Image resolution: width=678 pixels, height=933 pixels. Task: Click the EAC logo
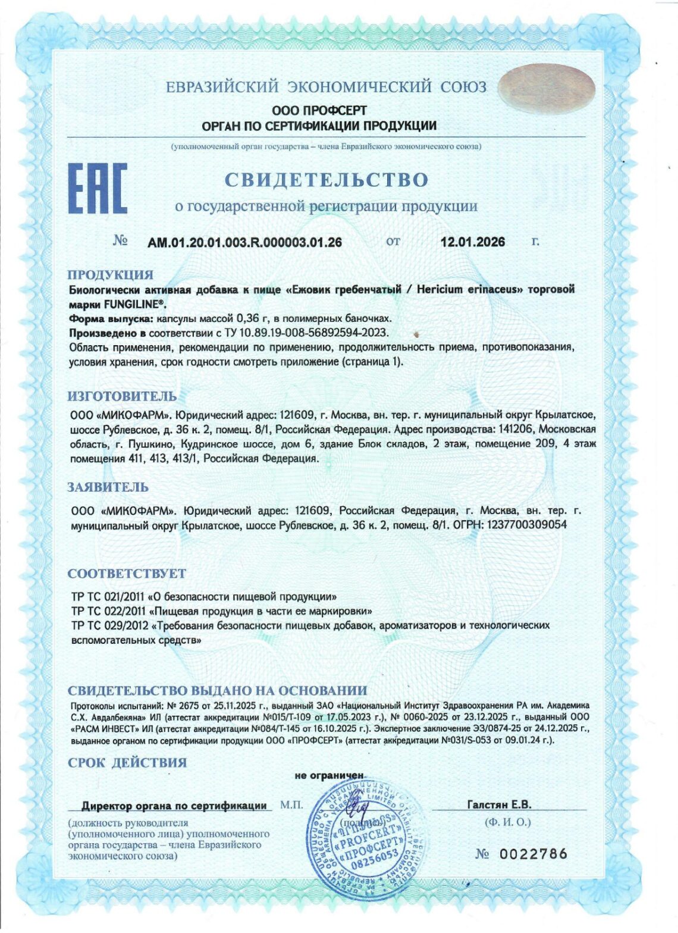(98, 189)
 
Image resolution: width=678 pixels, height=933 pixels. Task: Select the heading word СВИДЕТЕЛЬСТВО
(326, 179)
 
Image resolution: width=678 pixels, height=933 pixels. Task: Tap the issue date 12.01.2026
(473, 242)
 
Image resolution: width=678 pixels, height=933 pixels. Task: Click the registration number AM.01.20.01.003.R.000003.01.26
(244, 242)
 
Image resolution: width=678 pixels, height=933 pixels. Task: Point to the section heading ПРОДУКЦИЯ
(110, 275)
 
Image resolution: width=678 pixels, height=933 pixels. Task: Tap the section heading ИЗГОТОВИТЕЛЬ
(122, 396)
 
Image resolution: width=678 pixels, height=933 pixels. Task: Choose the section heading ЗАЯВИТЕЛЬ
(108, 487)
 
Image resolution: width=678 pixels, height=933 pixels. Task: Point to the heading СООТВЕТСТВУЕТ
(127, 574)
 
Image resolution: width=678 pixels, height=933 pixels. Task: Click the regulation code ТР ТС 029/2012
(109, 625)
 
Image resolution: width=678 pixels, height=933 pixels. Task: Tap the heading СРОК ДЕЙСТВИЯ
(127, 762)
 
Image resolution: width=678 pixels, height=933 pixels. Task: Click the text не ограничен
(328, 776)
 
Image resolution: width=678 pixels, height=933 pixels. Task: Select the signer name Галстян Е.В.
(500, 804)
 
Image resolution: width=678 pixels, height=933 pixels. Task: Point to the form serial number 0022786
(532, 854)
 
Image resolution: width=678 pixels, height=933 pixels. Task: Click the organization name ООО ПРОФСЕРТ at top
(319, 111)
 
